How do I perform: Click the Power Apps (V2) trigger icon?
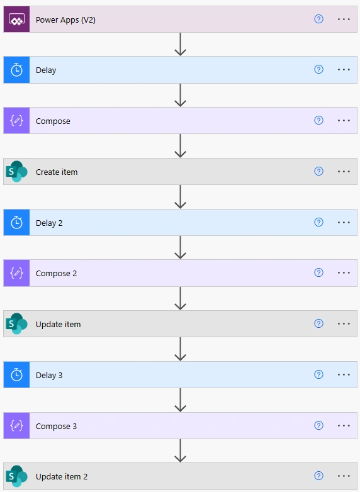(16, 20)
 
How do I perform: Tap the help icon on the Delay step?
(318, 69)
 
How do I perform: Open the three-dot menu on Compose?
(344, 121)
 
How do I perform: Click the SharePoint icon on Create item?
(16, 171)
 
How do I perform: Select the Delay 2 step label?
(49, 223)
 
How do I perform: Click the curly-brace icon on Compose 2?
(16, 273)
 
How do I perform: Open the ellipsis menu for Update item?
(344, 324)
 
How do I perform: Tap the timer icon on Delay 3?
(16, 374)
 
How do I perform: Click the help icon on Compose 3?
(318, 425)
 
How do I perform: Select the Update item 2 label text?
(62, 477)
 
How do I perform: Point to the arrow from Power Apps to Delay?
(180, 44)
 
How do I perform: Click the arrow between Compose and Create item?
(180, 146)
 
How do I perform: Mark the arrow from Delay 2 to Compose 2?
(180, 247)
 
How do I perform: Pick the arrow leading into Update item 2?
(180, 450)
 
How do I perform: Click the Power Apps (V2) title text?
(65, 20)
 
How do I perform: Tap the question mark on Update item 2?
(318, 476)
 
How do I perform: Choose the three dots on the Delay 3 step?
(344, 374)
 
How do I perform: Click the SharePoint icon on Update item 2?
(16, 476)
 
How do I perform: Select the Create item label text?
(57, 172)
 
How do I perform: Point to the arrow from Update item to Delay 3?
(180, 349)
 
